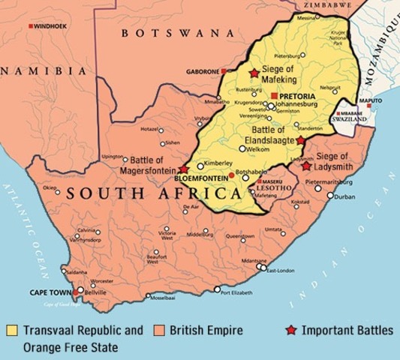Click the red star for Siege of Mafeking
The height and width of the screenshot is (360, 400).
254,73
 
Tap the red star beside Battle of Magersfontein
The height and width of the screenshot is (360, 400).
184,169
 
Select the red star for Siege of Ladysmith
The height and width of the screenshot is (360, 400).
305,165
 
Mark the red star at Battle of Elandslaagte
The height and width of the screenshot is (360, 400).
300,140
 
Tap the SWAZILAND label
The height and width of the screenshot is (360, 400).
350,118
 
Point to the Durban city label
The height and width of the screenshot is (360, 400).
345,197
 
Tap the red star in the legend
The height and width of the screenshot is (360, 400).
292,330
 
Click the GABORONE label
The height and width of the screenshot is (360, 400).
201,71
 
